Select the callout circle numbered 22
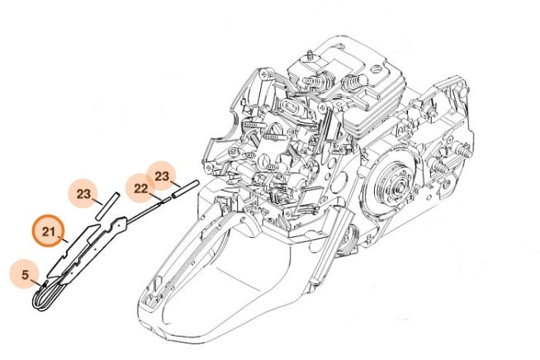[x=140, y=190]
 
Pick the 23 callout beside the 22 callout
[x=162, y=176]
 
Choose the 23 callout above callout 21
[x=83, y=195]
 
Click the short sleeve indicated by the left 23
[x=107, y=205]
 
